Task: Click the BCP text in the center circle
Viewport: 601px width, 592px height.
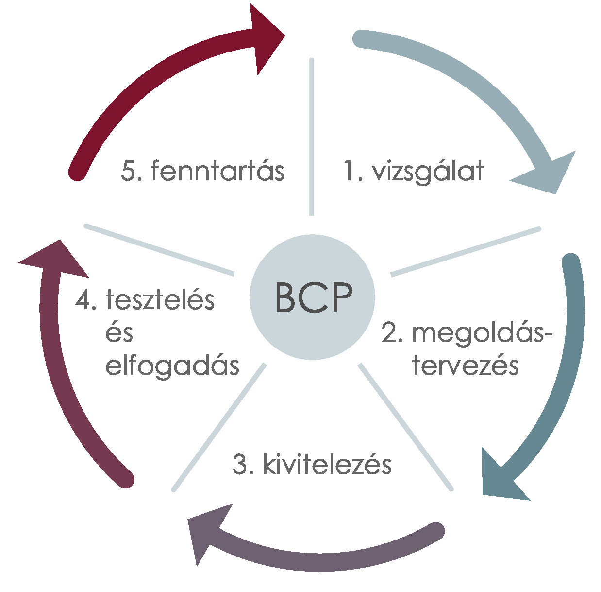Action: coord(313,297)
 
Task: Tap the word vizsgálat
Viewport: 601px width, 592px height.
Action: coord(428,172)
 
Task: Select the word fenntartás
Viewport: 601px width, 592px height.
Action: coord(217,171)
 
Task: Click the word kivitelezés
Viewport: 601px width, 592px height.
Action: coord(327,465)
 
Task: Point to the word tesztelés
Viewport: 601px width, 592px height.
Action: coord(160,300)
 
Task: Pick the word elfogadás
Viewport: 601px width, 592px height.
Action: coord(172,366)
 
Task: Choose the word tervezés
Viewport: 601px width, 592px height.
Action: coord(466,366)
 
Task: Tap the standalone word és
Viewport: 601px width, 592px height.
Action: coord(119,333)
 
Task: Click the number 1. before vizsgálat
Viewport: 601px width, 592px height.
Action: coord(353,172)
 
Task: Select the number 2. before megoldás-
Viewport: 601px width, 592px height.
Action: coord(392,333)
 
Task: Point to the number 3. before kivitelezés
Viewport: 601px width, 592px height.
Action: coord(243,465)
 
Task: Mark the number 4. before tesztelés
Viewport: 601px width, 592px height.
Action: coord(85,300)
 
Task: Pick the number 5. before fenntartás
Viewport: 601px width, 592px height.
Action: coord(131,171)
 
